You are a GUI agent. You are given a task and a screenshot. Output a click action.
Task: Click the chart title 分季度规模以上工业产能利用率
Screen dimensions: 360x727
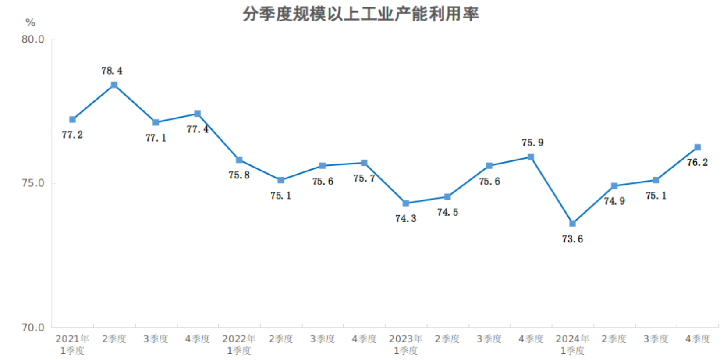pos(361,14)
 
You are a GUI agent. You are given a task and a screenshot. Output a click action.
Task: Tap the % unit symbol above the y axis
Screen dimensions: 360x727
pos(30,22)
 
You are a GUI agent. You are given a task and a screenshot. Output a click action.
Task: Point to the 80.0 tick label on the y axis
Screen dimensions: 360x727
pos(33,39)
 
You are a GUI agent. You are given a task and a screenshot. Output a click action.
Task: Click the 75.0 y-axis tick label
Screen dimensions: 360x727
pos(33,183)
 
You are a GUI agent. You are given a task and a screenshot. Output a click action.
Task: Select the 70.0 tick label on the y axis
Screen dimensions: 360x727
pos(33,328)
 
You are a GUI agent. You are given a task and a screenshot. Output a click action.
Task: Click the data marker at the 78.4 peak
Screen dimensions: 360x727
pos(114,85)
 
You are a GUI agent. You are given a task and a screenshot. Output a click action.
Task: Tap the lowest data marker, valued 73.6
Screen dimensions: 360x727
pos(572,223)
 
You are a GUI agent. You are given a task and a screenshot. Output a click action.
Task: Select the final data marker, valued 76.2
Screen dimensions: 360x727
pos(697,147)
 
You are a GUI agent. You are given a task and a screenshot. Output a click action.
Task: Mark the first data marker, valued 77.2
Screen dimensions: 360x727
pos(72,119)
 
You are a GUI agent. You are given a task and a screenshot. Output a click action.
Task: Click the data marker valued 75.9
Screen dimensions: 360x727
pos(531,157)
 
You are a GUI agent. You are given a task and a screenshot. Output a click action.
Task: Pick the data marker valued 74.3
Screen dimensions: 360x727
pos(406,203)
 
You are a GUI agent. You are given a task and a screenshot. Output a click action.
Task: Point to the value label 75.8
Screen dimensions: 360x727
pos(239,175)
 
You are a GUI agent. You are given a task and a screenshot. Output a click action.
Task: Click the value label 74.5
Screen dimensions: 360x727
pos(447,212)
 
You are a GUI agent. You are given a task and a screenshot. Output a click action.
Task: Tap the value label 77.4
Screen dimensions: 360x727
pos(197,129)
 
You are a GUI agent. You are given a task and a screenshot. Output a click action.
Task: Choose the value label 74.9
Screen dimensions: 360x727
pos(614,201)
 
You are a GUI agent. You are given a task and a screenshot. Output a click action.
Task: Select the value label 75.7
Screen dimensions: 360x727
pos(364,178)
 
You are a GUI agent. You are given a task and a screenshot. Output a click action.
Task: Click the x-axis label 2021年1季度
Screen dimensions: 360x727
pos(72,345)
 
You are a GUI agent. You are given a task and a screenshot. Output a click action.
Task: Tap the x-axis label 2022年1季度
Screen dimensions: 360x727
pos(239,345)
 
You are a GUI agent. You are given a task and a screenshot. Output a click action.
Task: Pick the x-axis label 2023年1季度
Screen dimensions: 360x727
pos(406,345)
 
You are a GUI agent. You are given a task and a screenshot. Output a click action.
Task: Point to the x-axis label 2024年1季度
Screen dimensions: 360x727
pos(572,345)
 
